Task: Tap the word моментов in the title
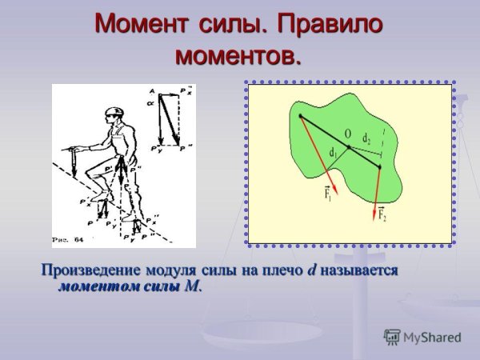(239, 56)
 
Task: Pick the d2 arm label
(366, 138)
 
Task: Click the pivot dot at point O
(349, 148)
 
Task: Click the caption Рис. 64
(66, 238)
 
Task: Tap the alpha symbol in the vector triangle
(150, 103)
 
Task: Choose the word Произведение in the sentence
(87, 270)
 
